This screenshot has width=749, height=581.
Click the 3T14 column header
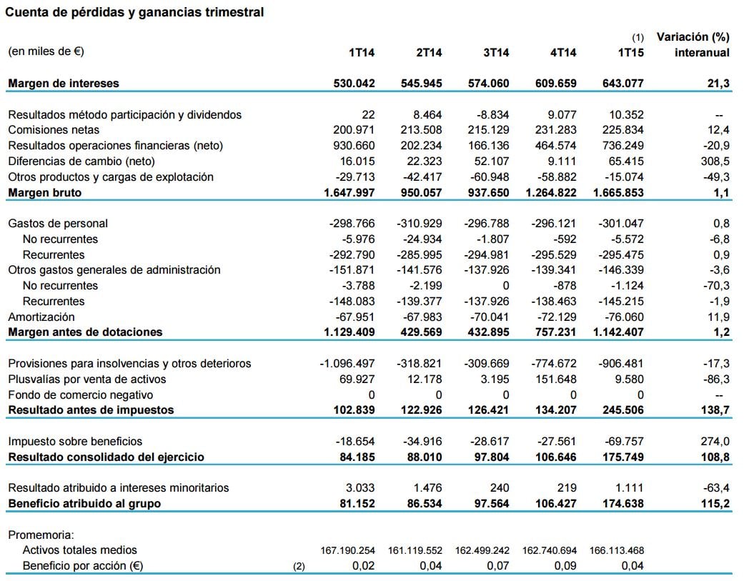(x=496, y=52)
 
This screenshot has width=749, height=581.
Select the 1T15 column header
(x=630, y=52)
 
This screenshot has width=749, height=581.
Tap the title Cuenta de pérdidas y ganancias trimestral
(x=135, y=12)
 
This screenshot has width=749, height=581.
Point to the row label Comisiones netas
(x=54, y=130)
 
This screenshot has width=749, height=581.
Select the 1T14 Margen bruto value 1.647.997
(x=348, y=193)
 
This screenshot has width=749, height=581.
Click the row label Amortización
(x=41, y=317)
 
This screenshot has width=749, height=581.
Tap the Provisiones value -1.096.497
(x=347, y=364)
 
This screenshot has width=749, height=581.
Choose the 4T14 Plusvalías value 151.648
(x=556, y=379)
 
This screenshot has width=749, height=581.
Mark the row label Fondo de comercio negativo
(x=81, y=395)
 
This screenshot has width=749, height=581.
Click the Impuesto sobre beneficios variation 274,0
(x=715, y=442)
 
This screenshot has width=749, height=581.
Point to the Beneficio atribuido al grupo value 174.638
(x=619, y=504)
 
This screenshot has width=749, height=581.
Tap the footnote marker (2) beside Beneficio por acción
(x=299, y=567)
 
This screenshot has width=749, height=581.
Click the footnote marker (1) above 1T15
(x=638, y=37)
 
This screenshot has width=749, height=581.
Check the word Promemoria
(x=41, y=535)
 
